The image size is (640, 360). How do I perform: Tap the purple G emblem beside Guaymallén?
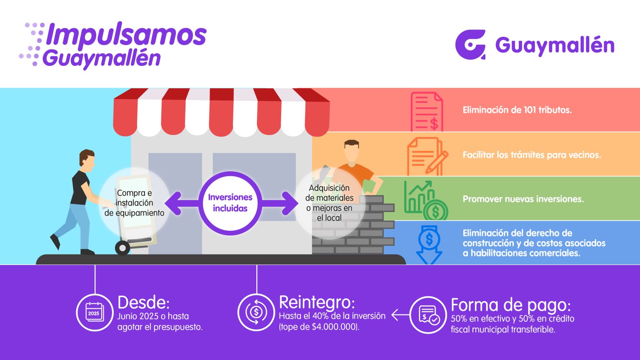pyautogui.click(x=470, y=45)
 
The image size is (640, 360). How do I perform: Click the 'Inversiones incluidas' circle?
pyautogui.click(x=230, y=203)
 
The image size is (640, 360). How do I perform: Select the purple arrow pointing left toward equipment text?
pyautogui.click(x=182, y=203)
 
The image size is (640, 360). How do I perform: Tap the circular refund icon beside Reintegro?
pyautogui.click(x=256, y=312)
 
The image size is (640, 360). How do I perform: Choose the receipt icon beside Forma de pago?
pyautogui.click(x=428, y=315)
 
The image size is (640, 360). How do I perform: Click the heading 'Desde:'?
pyautogui.click(x=143, y=302)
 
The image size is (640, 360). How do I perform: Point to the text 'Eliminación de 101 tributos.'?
pyautogui.click(x=517, y=110)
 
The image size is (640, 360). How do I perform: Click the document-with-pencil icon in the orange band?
pyautogui.click(x=427, y=156)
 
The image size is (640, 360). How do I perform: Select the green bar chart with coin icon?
pyautogui.click(x=426, y=200)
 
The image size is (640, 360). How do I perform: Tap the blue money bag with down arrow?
pyautogui.click(x=429, y=245)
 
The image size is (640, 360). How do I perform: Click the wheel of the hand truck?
pyautogui.click(x=122, y=248)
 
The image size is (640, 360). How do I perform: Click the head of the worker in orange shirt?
pyautogui.click(x=351, y=151)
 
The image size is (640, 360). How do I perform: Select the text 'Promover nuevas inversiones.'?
pyautogui.click(x=523, y=199)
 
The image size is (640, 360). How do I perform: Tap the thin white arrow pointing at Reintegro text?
pyautogui.click(x=400, y=315)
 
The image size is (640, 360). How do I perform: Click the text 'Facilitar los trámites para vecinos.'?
pyautogui.click(x=532, y=155)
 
